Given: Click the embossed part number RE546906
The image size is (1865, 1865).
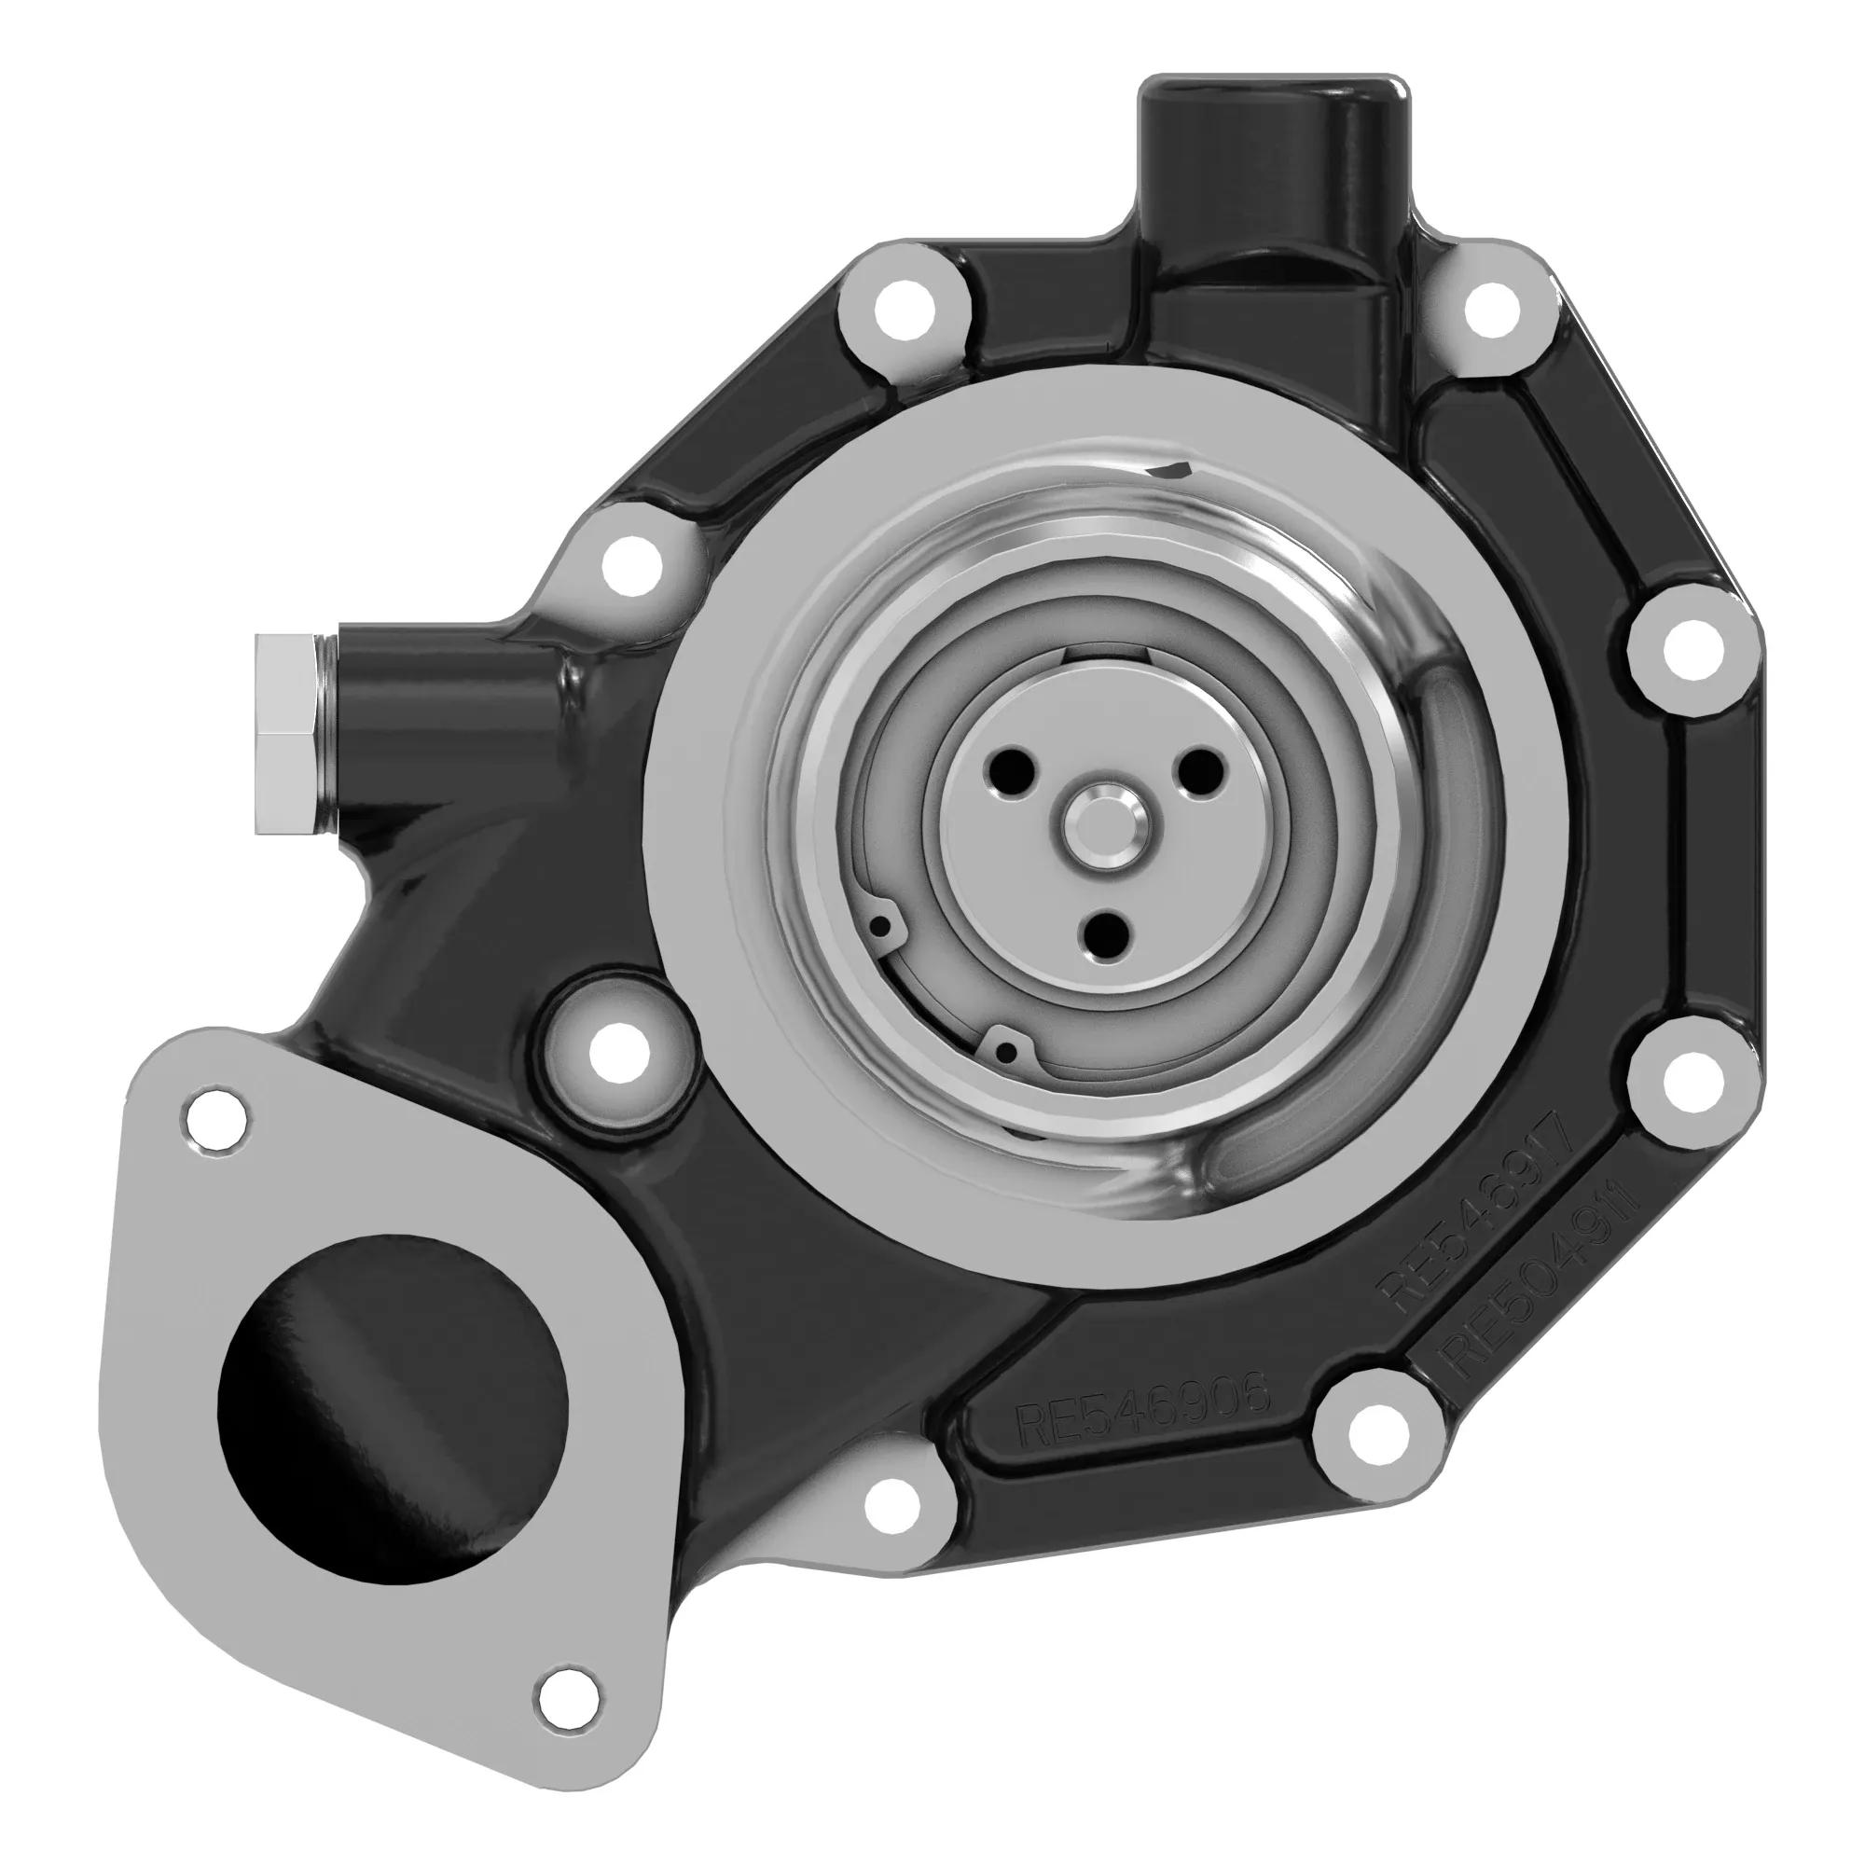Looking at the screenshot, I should coord(1142,1420).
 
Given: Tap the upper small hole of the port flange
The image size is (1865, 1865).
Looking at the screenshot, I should coord(215,1120).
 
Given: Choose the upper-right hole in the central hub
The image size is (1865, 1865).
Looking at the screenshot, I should coord(1197,771).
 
